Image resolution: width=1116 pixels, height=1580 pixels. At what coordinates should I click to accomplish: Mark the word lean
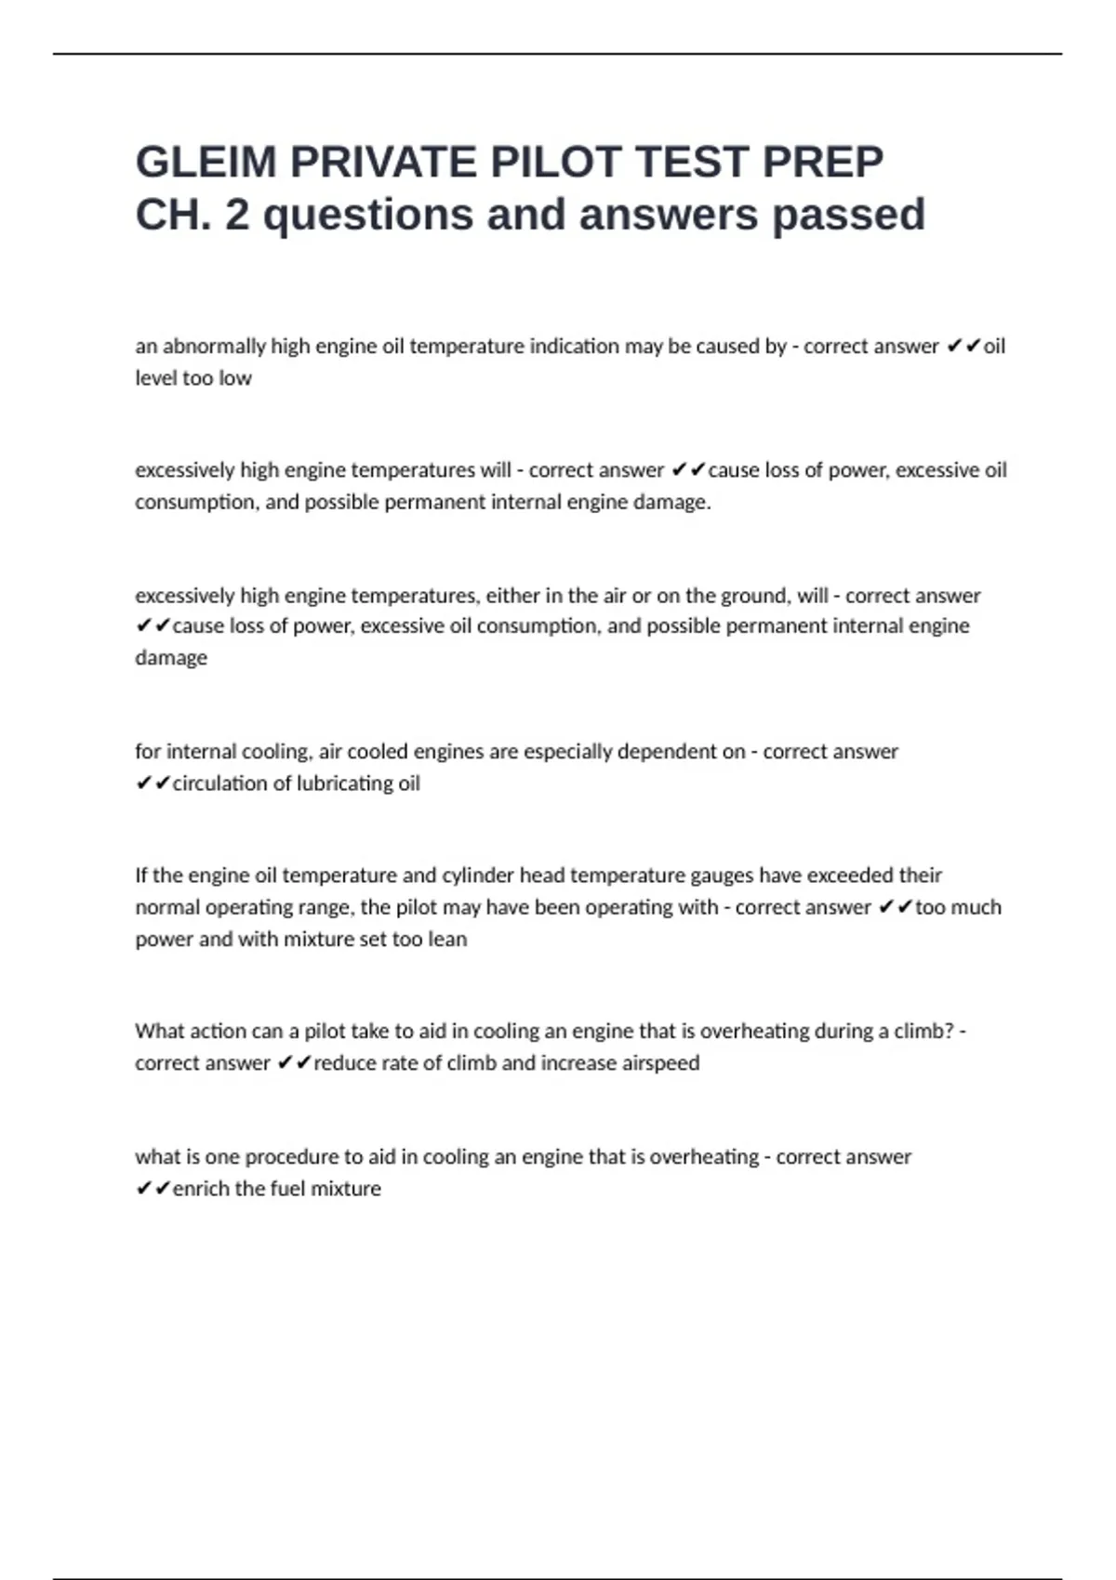tap(447, 939)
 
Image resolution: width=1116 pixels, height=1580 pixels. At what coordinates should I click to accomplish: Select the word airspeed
tap(660, 1063)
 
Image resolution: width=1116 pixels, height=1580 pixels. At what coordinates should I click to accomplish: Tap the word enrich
tap(201, 1189)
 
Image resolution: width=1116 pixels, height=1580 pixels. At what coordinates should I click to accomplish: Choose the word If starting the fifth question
tap(141, 876)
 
